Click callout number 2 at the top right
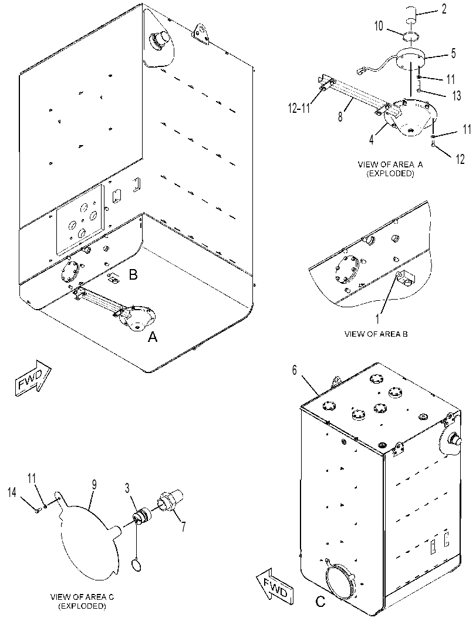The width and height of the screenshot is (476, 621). click(444, 9)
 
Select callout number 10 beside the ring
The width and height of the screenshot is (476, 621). click(379, 26)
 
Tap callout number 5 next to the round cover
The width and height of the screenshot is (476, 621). click(453, 53)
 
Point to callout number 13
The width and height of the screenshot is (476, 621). click(456, 95)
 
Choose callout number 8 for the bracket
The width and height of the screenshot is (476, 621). click(340, 117)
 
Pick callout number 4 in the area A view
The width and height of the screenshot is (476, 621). click(372, 140)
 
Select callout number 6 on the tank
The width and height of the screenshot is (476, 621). click(295, 370)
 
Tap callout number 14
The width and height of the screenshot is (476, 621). click(13, 492)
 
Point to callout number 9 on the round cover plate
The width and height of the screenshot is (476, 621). click(94, 485)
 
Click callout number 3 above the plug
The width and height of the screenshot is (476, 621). click(127, 488)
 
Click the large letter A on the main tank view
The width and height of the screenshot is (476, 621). click(153, 337)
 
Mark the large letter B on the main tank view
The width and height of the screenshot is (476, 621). click(133, 274)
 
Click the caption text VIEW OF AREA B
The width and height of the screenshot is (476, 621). click(376, 334)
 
